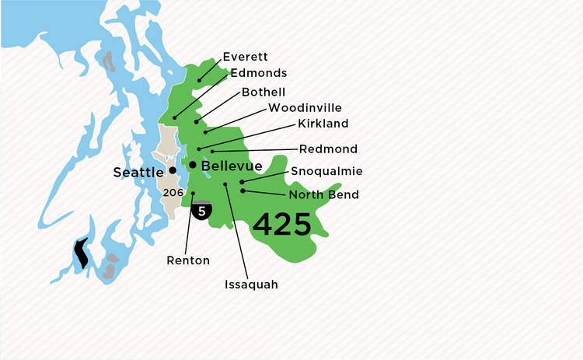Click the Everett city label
244,57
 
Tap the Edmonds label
259,73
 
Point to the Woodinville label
305,107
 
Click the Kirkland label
323,124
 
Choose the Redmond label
328,149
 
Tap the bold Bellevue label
232,166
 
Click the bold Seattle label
138,172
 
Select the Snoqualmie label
326,171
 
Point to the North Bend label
323,194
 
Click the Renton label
188,260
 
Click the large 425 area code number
281,225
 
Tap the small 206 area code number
173,190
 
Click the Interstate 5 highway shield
202,210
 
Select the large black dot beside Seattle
172,170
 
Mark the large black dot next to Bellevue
193,164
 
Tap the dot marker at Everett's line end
199,79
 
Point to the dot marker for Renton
193,194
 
